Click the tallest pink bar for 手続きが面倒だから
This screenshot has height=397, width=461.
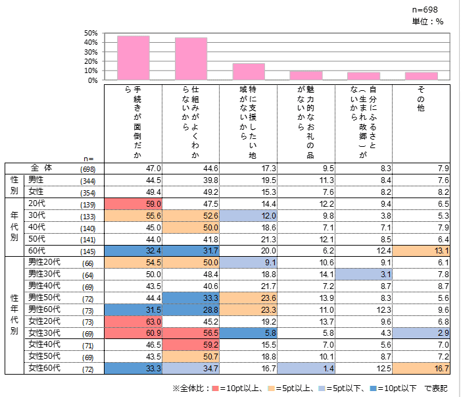(133, 58)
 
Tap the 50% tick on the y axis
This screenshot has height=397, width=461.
(91, 33)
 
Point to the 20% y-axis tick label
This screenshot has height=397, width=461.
(91, 61)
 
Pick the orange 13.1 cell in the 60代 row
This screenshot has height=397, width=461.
(421, 250)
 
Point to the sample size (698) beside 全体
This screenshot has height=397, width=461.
(87, 170)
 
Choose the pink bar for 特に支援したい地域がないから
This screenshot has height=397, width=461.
(249, 72)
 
